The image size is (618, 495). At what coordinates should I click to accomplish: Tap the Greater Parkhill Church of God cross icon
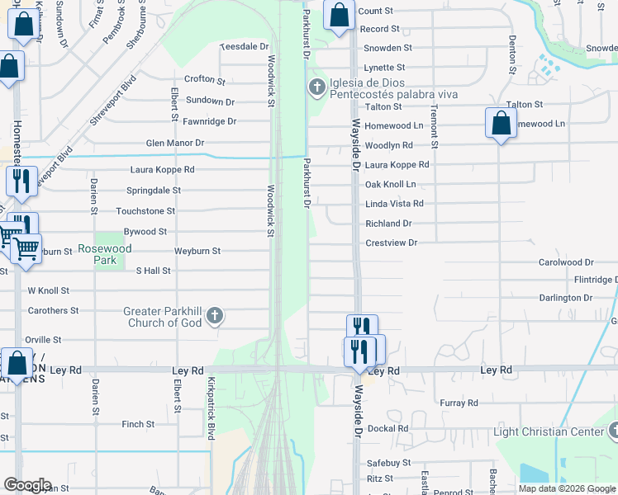pyautogui.click(x=214, y=315)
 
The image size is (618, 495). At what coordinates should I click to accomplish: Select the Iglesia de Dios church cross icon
pyautogui.click(x=316, y=87)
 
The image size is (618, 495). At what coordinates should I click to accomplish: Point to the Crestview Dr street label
pyautogui.click(x=392, y=243)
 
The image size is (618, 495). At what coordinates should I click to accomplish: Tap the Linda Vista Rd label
pyautogui.click(x=394, y=204)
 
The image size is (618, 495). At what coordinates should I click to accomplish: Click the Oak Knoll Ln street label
pyautogui.click(x=390, y=184)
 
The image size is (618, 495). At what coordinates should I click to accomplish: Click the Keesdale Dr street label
pyautogui.click(x=245, y=47)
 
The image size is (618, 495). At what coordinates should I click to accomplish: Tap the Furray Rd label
pyautogui.click(x=459, y=403)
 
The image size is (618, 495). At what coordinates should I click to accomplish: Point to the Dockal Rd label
pyautogui.click(x=388, y=429)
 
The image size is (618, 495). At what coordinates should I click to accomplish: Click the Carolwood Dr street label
pyautogui.click(x=566, y=262)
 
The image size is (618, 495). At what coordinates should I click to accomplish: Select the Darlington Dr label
pyautogui.click(x=566, y=298)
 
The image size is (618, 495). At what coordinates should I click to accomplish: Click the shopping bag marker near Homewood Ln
pyautogui.click(x=501, y=124)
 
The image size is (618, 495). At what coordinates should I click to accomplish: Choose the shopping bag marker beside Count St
pyautogui.click(x=339, y=15)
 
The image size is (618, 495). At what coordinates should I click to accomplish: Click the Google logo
pyautogui.click(x=27, y=485)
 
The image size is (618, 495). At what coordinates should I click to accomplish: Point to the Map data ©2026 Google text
pyautogui.click(x=566, y=488)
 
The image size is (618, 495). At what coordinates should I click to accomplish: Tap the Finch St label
pyautogui.click(x=138, y=424)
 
